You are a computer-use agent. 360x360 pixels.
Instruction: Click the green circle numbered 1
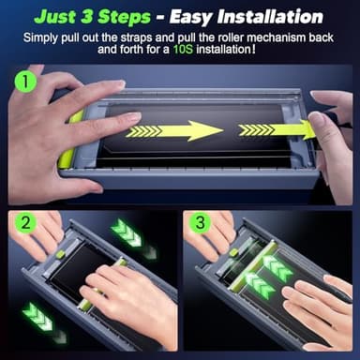click(x=25, y=81)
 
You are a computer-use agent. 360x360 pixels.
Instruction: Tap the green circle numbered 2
click(x=25, y=222)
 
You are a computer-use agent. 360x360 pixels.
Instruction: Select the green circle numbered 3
click(x=200, y=222)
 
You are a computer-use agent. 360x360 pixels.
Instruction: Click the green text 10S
click(x=183, y=50)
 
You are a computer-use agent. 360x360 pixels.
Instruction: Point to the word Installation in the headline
click(x=270, y=17)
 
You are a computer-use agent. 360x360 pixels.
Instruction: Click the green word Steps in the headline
click(x=124, y=17)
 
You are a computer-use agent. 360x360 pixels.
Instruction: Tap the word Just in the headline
click(x=55, y=17)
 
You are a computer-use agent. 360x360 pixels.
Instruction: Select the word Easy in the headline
click(x=191, y=18)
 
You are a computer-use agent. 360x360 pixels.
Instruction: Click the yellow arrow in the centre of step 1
click(x=174, y=131)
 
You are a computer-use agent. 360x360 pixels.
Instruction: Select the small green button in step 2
click(x=60, y=254)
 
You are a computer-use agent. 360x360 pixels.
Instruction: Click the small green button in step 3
click(x=233, y=252)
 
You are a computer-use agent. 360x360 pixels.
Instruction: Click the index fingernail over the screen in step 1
click(x=135, y=117)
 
